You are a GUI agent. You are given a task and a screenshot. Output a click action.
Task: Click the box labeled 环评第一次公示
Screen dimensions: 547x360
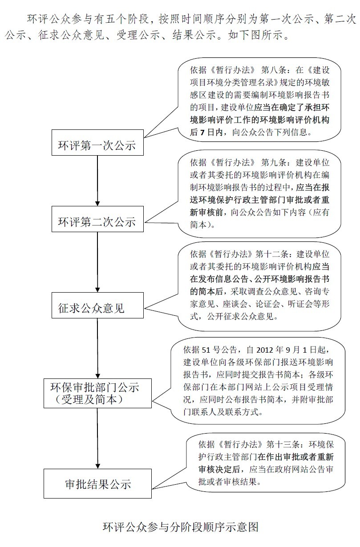tap(97, 145)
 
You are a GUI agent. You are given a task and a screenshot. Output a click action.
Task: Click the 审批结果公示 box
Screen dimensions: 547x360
tap(97, 483)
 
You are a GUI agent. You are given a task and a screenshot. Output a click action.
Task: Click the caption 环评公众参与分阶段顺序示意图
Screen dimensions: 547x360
tap(180, 527)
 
